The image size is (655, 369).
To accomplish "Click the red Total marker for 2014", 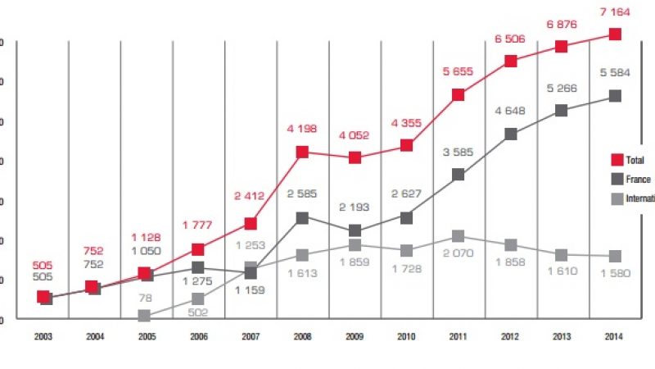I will [615, 34].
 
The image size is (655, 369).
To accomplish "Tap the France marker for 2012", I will [510, 134].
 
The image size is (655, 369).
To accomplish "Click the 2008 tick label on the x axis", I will [302, 337].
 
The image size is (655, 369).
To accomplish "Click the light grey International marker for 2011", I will [458, 237].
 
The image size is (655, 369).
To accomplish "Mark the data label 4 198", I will [302, 129].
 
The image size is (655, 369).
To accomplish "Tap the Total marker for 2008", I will [302, 152].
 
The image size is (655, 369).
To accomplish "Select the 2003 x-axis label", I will [43, 337].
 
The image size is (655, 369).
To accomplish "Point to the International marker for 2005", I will [145, 316].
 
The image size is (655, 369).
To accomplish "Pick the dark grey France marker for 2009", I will [355, 230].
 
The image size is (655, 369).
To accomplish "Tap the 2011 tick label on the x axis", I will [458, 337].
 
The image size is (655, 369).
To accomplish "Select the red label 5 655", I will [458, 72].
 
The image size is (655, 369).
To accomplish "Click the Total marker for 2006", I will [197, 249].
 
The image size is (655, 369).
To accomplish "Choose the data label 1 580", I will [615, 274].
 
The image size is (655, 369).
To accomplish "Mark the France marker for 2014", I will [615, 96].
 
